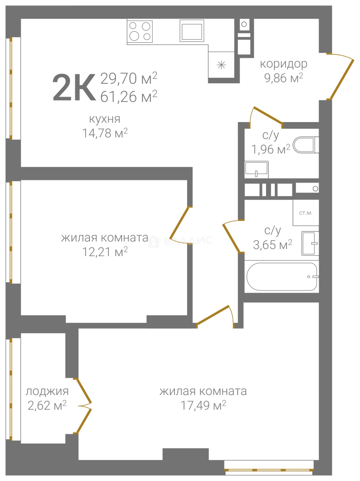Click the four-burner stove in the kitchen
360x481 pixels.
point(140,31)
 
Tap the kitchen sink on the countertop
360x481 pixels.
point(192,30)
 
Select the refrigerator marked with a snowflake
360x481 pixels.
point(221,65)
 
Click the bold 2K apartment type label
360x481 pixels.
point(74,88)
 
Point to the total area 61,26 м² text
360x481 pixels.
point(129,96)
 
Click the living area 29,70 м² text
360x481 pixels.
point(129,78)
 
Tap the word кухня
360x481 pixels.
point(105,119)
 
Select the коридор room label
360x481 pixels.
point(283,64)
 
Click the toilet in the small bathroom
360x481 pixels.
point(306,145)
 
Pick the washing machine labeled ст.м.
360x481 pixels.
point(306,212)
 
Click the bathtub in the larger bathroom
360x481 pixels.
point(282,277)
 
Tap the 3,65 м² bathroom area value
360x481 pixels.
point(273,245)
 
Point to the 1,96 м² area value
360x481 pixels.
point(271,149)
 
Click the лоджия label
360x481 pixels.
point(47,391)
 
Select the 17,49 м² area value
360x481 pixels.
point(203,406)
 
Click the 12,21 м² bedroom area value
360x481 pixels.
point(105,252)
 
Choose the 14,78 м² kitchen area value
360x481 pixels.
point(105,134)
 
